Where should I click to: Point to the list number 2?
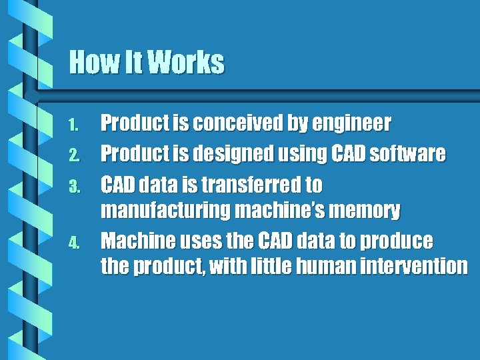(75, 155)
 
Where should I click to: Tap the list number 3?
(75, 185)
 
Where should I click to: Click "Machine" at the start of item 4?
(135, 240)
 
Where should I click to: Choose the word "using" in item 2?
(299, 155)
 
